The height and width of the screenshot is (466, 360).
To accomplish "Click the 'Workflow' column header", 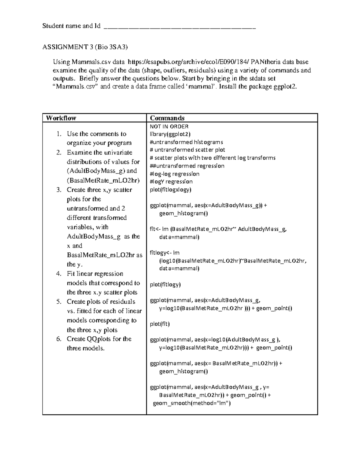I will (x=61, y=118).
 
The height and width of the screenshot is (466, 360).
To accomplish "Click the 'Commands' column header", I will (x=167, y=118).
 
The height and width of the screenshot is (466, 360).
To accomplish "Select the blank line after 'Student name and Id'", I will (x=179, y=26).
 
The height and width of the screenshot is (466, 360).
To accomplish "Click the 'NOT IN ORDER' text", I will (x=169, y=126).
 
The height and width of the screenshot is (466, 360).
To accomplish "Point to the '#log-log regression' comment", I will (x=175, y=174).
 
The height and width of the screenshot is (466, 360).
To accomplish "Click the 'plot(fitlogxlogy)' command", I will (x=170, y=190).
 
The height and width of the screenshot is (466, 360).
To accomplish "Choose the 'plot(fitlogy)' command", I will (x=165, y=284).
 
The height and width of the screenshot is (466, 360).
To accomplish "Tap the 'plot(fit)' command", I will (x=160, y=324).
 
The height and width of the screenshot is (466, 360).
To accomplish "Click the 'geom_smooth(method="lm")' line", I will (x=192, y=403).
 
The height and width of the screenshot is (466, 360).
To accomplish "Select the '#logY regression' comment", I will (x=171, y=182).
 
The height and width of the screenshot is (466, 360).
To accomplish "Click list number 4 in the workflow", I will (x=59, y=274).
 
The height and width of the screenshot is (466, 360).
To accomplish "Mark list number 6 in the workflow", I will (x=59, y=339).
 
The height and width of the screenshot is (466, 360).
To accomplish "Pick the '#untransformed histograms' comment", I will (x=186, y=142).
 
